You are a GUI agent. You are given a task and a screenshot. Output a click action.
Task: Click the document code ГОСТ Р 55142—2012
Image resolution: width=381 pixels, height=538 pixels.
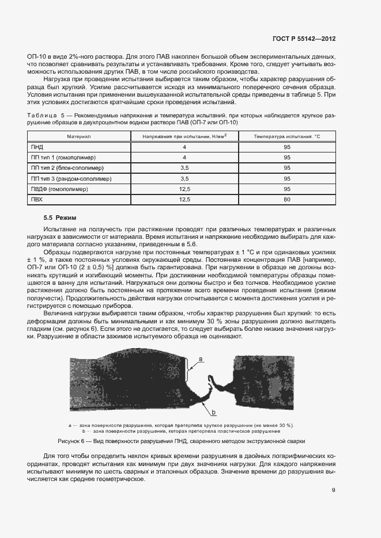click(304, 39)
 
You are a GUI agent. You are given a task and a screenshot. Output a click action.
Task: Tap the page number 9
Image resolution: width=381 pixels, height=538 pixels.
click(334, 490)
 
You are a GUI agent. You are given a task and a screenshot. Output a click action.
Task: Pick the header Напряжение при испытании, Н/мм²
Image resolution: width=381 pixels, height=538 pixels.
click(184, 136)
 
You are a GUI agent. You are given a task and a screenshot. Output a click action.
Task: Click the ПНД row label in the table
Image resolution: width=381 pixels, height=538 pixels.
click(37, 147)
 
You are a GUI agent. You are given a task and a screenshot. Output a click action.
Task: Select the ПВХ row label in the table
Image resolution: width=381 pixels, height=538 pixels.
click(37, 199)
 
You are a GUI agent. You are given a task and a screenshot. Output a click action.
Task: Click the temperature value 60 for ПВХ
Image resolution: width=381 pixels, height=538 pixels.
click(286, 199)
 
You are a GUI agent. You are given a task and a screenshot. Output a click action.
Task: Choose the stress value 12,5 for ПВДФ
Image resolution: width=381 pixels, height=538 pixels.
click(184, 189)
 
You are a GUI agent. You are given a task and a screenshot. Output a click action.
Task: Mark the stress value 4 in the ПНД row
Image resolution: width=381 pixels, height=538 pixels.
click(184, 147)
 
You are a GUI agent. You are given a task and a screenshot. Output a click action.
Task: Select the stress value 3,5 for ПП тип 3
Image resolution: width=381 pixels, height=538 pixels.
click(184, 178)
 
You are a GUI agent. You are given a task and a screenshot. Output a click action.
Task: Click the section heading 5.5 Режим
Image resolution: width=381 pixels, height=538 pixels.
click(60, 218)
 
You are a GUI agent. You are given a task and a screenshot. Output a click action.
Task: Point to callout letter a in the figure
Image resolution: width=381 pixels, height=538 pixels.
click(201, 358)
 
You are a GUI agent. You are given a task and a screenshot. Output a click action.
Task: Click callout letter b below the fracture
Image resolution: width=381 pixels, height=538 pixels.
click(213, 413)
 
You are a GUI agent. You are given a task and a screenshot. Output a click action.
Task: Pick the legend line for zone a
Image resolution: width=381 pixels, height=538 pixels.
click(181, 425)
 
